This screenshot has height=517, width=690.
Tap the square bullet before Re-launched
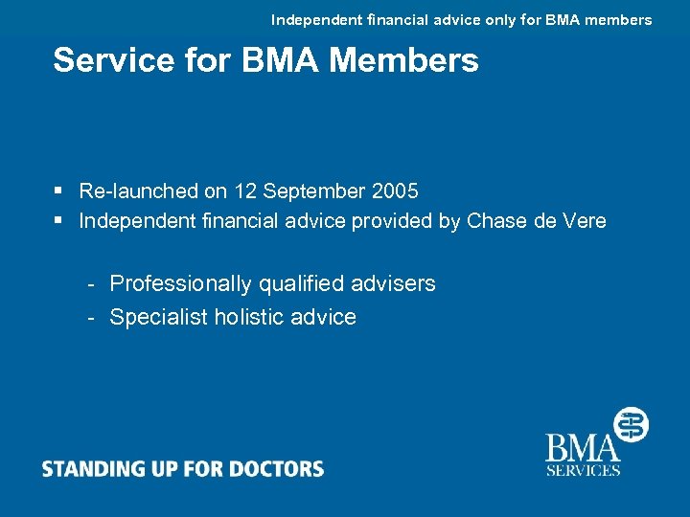[59, 191]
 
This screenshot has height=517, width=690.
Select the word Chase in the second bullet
[495, 221]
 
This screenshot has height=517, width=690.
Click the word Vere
[584, 221]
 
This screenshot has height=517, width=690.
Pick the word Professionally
[178, 284]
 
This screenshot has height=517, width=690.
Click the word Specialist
[158, 317]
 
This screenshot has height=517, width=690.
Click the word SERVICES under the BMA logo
[583, 470]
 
